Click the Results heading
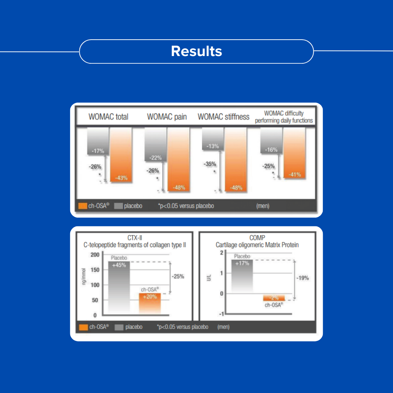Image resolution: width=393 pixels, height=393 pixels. pos(196,51)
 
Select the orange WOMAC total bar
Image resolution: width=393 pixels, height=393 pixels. pos(121,155)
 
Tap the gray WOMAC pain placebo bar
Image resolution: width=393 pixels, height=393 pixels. pos(155,144)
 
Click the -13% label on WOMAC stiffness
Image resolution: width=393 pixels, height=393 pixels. pos(213,146)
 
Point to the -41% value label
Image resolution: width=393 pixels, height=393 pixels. pos(294,174)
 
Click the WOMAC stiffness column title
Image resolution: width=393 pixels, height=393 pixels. pos(223,117)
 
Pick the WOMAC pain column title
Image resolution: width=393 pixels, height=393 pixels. pos(167,117)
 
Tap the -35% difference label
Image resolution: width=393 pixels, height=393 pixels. pos(210,164)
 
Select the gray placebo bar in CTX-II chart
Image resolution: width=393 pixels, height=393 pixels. pos(119,288)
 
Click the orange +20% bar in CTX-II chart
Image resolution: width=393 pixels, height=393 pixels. pos(150,304)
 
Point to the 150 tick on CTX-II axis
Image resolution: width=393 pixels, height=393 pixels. pos(95,270)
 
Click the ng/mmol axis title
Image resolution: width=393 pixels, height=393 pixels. pos(84,277)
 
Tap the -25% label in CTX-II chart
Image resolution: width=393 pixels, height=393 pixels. pos(178,277)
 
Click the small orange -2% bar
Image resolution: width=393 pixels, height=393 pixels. pos(274,298)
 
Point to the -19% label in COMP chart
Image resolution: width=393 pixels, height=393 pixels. pos(302,278)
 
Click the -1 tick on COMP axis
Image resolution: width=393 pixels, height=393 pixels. pos(221,314)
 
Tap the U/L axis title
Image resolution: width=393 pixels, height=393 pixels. pos(209,278)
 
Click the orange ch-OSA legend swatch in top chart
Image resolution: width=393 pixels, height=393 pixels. pos(83,206)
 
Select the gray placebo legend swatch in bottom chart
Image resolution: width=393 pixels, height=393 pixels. pos(119,327)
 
